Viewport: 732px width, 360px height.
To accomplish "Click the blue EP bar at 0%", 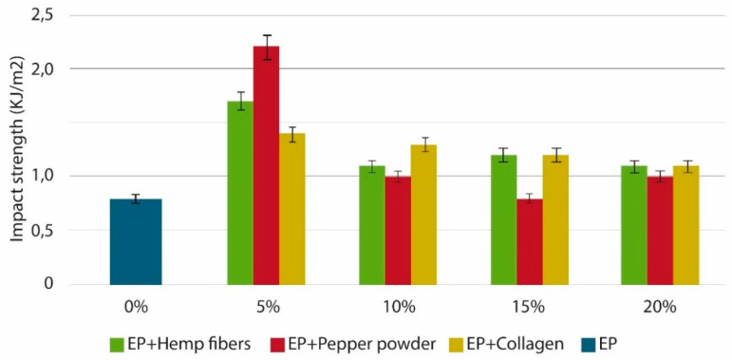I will pyautogui.click(x=136, y=241).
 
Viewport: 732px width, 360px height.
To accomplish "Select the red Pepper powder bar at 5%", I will pyautogui.click(x=266, y=165).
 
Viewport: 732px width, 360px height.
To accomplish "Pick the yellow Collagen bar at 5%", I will pyautogui.click(x=291, y=209).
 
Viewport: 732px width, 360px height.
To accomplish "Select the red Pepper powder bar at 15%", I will pyautogui.click(x=529, y=241).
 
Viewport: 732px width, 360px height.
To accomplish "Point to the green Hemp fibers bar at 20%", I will pyautogui.click(x=634, y=225).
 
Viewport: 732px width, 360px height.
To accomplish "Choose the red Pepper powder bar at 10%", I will pyautogui.click(x=398, y=230).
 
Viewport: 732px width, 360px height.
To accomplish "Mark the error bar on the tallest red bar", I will pyautogui.click(x=266, y=47).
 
